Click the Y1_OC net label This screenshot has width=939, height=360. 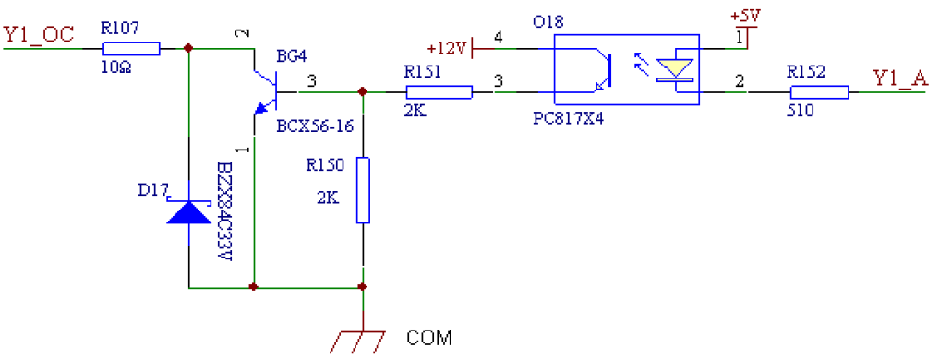click(38, 35)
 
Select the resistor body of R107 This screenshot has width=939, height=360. click(132, 49)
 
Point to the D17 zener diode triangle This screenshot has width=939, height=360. click(188, 212)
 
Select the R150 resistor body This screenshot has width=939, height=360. click(364, 190)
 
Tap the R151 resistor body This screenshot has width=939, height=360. click(439, 91)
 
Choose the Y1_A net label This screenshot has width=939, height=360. click(900, 78)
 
